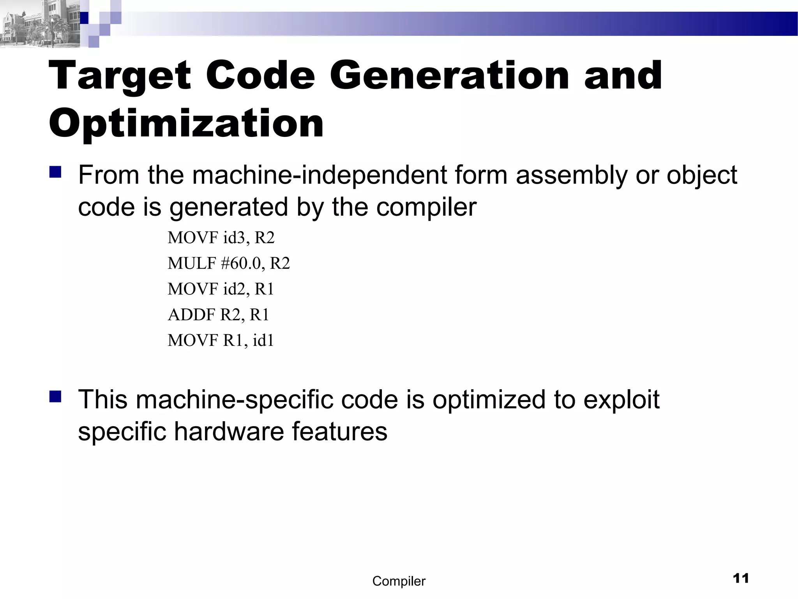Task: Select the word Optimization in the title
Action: [186, 124]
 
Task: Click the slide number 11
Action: [741, 578]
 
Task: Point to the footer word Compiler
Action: [399, 581]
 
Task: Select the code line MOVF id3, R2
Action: [221, 237]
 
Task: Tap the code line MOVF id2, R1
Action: [221, 289]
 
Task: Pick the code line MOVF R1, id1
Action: [221, 340]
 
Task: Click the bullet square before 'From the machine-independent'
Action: [56, 172]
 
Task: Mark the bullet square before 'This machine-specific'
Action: [56, 397]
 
